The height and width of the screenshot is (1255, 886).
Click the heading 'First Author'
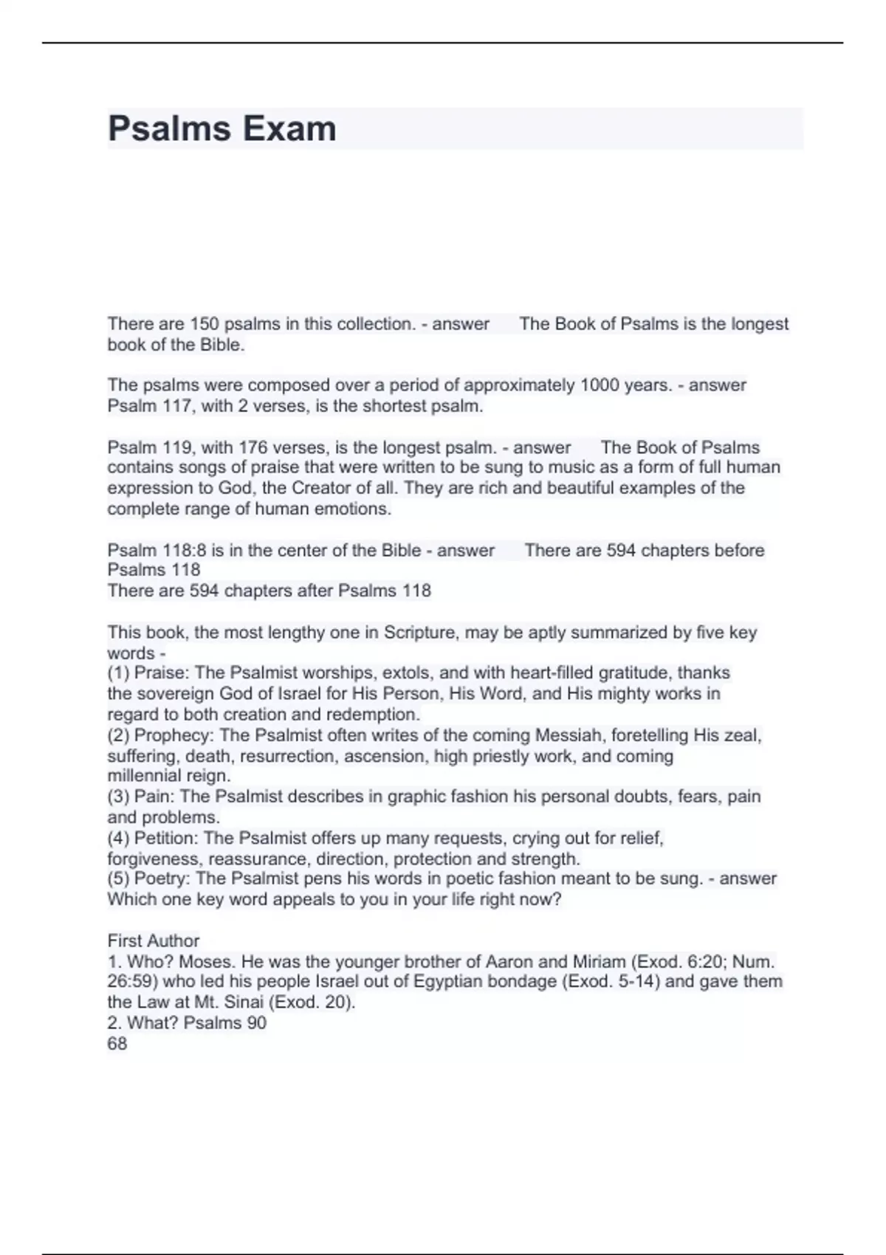coord(154,941)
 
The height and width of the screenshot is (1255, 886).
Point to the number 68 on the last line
coord(117,1044)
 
